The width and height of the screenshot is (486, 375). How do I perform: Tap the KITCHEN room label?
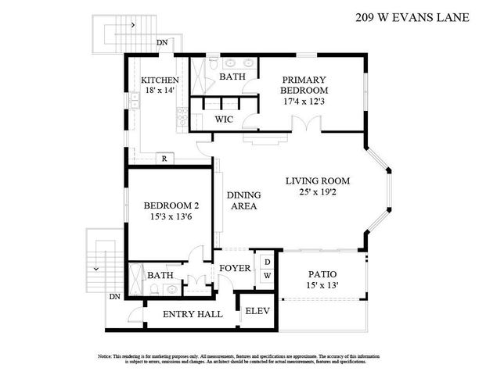160,80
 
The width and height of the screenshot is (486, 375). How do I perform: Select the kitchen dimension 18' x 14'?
160,91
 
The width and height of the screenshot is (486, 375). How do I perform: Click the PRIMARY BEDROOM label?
304,85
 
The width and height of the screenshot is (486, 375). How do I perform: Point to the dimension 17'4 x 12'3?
304,102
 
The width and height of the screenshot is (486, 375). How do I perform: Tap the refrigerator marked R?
164,159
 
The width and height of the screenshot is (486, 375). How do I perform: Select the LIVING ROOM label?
317,180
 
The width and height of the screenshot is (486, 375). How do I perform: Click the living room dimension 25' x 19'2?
317,191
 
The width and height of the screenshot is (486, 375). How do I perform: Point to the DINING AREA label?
243,201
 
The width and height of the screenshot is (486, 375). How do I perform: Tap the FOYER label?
235,269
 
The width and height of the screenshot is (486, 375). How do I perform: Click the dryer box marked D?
267,262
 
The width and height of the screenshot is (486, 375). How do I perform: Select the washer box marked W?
267,276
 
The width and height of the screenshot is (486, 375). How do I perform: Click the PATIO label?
322,274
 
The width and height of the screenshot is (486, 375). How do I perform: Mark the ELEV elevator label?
257,311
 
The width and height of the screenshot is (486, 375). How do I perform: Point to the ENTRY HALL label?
192,314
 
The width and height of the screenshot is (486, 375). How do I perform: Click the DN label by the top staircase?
162,43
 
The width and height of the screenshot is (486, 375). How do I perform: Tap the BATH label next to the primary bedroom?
232,77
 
